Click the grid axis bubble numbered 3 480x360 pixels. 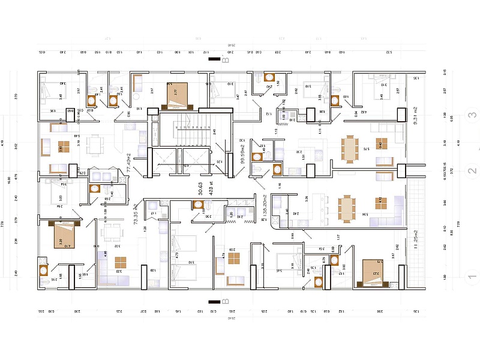pos(472,116)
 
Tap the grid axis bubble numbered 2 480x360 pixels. pos(472,171)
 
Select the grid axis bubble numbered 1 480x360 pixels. pos(472,277)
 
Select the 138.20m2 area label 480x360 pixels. pos(264,209)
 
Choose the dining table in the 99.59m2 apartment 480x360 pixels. pos(351,148)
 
